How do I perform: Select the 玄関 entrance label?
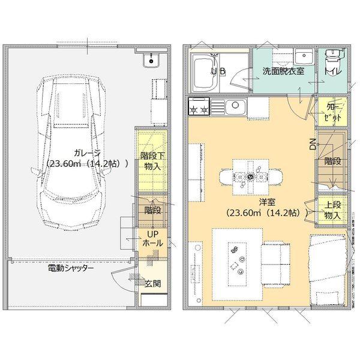click(x=152, y=283)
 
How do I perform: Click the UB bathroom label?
click(x=218, y=71)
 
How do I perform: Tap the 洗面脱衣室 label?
click(x=283, y=71)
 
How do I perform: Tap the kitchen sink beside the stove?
click(x=233, y=108)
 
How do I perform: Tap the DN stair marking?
click(x=312, y=143)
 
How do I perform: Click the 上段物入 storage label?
click(x=332, y=210)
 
